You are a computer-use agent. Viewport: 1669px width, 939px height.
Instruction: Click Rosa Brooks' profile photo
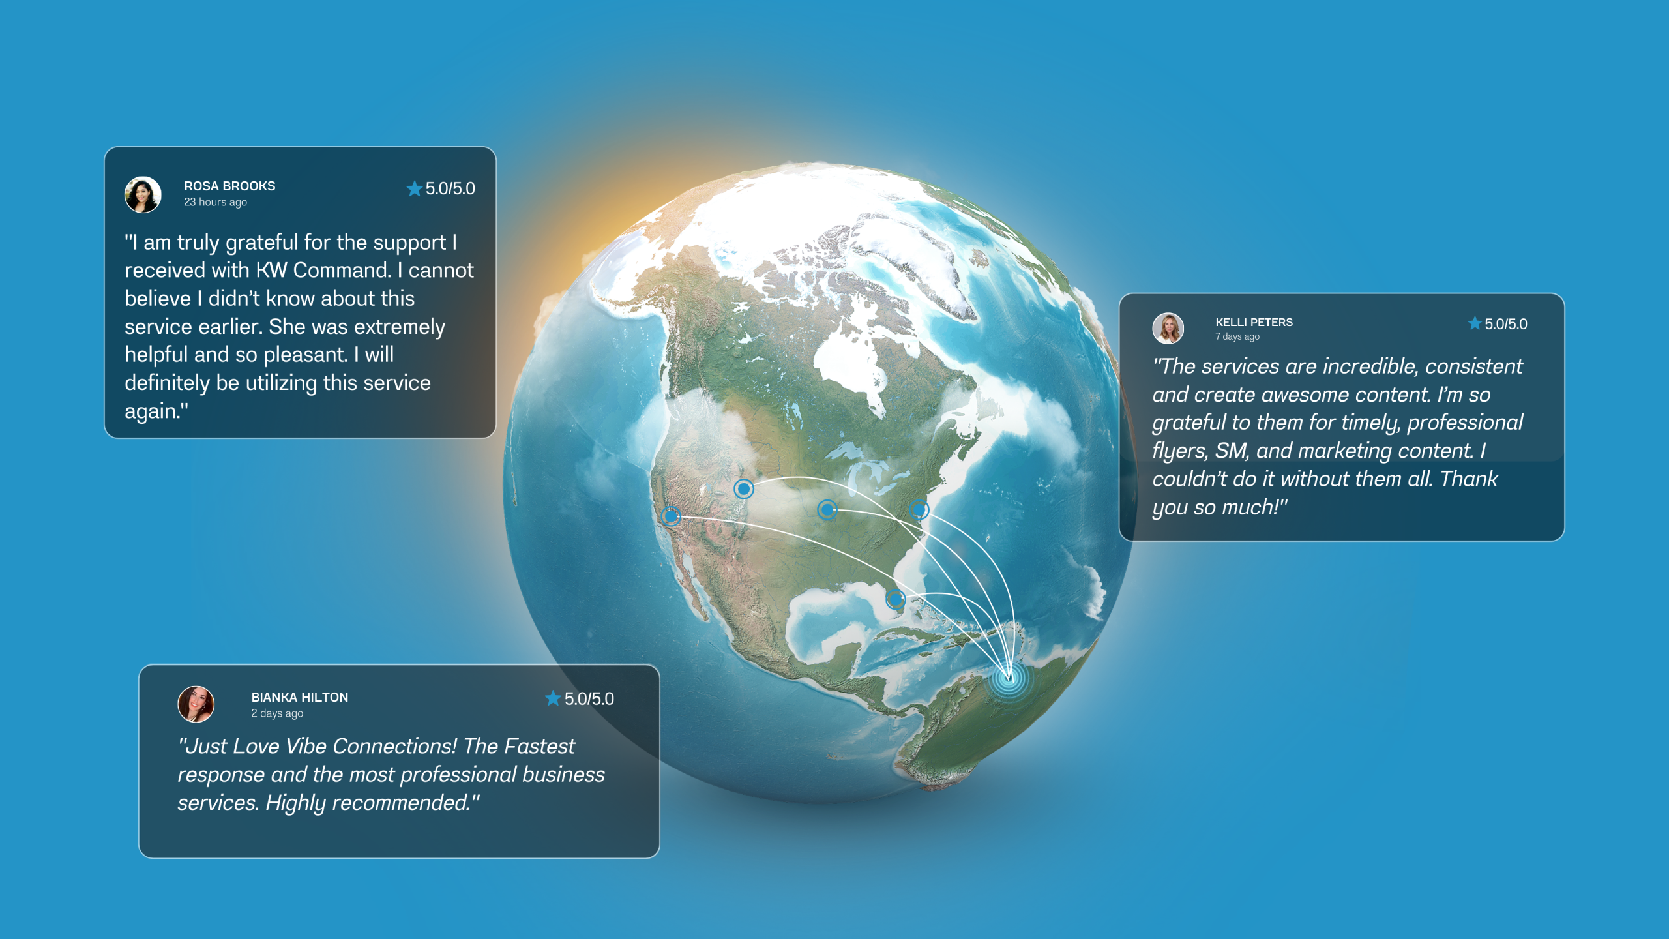143,194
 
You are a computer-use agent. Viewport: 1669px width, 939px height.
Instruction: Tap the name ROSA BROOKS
229,186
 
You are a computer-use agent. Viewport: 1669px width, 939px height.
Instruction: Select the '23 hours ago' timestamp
215,202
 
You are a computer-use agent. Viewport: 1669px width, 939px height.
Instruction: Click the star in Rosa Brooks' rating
415,188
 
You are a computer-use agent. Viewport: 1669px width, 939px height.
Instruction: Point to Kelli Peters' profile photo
1168,328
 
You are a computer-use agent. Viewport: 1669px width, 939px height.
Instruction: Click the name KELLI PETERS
1254,322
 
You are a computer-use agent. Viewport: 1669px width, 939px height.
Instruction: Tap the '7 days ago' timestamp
1237,336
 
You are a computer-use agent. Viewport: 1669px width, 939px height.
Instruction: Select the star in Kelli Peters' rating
1475,323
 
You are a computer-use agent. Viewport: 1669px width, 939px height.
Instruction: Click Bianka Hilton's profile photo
196,704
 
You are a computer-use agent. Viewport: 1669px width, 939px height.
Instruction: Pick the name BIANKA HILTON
300,697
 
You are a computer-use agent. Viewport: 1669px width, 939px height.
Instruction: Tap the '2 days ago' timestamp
277,713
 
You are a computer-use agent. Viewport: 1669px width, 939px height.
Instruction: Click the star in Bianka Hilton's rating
553,698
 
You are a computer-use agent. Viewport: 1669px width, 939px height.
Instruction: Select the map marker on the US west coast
671,516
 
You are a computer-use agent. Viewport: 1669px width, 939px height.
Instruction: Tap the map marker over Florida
896,599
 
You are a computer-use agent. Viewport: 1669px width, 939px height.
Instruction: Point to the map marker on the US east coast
919,509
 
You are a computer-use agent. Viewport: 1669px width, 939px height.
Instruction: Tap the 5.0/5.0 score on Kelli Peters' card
1506,324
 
